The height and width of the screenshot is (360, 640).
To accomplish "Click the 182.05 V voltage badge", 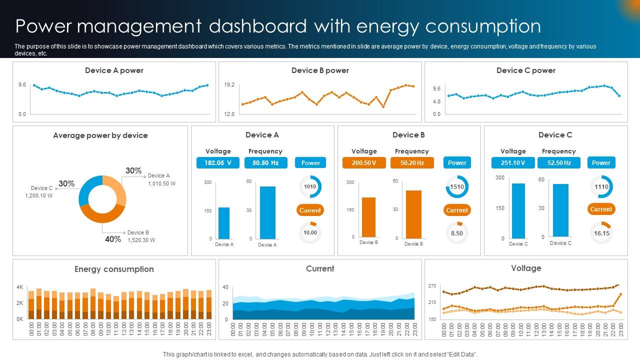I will [218, 162].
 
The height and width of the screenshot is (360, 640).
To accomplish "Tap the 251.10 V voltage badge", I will [513, 162].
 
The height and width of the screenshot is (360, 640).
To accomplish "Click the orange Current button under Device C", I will [601, 209].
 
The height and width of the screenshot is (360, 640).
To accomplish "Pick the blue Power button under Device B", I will [457, 162].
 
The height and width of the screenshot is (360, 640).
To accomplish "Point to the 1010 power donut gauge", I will [310, 187].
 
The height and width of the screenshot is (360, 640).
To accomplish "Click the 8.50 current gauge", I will [457, 233].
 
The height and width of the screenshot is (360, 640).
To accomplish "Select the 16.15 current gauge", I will [601, 233].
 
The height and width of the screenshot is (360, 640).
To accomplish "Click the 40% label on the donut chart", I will [113, 239].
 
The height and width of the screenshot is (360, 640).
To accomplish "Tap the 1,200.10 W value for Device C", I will [39, 196].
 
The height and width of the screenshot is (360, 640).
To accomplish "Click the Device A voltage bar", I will [224, 223].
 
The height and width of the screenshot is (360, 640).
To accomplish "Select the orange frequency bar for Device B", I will [413, 214].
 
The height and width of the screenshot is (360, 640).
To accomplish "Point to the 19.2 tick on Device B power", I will [229, 85].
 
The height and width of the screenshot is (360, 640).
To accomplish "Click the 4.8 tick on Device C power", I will [436, 101].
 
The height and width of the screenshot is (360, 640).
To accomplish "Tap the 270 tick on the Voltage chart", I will [432, 286].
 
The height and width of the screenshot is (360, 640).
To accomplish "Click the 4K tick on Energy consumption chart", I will [20, 287].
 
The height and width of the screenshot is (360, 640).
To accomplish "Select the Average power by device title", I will [100, 135].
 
